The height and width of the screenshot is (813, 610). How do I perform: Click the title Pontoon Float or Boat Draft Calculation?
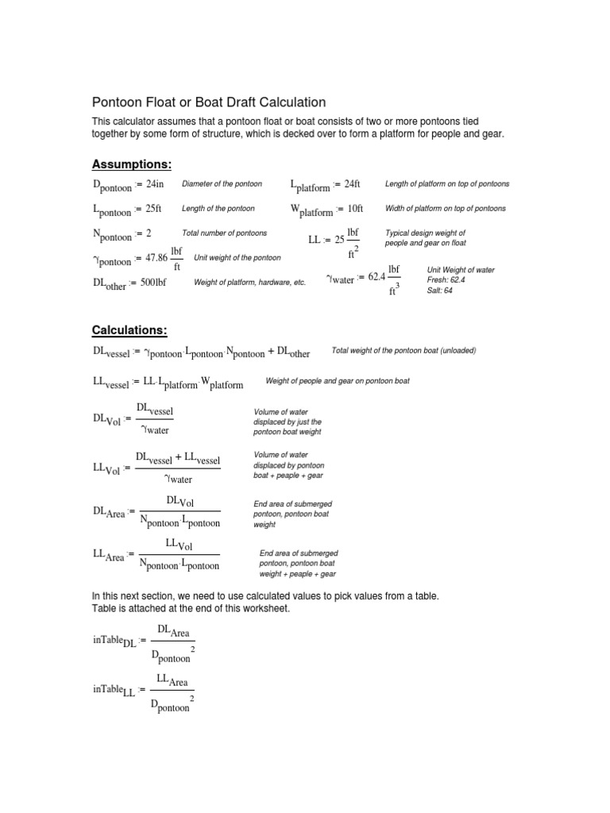tap(210, 102)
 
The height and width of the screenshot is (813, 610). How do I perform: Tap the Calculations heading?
tap(130, 330)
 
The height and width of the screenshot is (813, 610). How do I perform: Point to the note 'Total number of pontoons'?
tap(224, 233)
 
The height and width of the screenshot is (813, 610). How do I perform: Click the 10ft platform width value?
tap(350, 209)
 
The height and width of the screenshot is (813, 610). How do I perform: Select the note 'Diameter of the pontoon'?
tap(222, 184)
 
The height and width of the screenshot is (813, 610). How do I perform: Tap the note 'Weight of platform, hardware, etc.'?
tap(249, 283)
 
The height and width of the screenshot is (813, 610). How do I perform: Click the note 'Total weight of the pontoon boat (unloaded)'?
tap(403, 351)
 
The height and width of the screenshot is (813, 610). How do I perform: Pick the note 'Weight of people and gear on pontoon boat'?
tap(338, 382)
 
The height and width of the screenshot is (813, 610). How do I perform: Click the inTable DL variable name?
tap(114, 639)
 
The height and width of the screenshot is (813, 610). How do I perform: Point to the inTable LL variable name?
tap(114, 690)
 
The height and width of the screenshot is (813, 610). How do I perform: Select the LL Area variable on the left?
tap(109, 556)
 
